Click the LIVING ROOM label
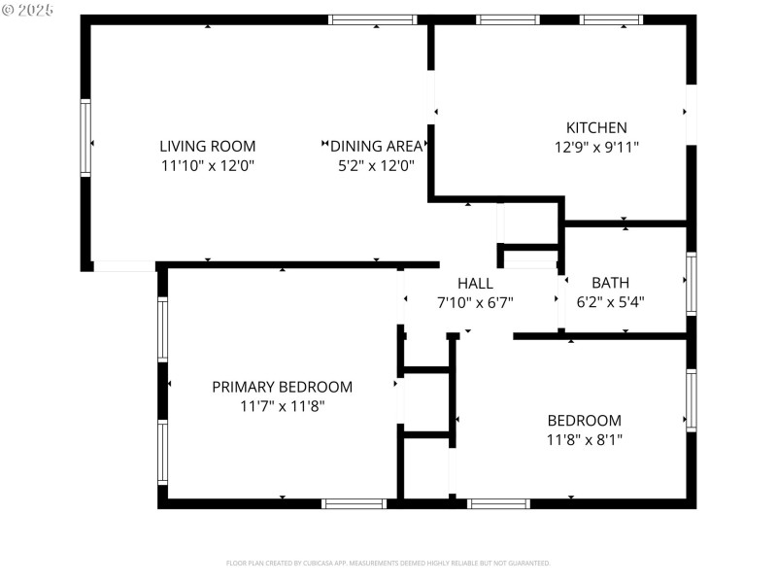[207, 146]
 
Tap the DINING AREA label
[377, 146]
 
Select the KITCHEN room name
[596, 127]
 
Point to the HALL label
[475, 283]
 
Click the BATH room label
[610, 283]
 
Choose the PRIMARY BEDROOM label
[282, 387]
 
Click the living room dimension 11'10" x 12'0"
[207, 165]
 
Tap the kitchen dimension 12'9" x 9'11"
[596, 147]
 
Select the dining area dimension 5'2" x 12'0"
[377, 165]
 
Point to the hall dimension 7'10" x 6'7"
[475, 302]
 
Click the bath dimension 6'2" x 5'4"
[610, 302]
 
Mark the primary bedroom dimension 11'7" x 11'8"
[282, 406]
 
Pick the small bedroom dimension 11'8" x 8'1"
[584, 439]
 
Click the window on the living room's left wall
[85, 138]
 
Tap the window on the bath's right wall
[691, 283]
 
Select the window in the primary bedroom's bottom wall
[354, 503]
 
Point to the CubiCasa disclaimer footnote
[388, 563]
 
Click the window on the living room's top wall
[373, 19]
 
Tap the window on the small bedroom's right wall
[691, 399]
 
